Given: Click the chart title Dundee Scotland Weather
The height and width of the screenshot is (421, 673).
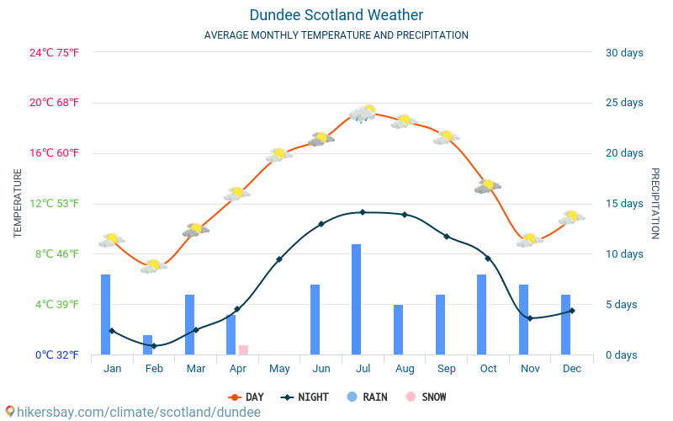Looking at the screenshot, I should click(x=336, y=15).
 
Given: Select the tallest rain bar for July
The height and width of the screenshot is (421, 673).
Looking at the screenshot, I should click(x=357, y=299).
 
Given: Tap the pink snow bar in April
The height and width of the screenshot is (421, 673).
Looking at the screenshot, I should click(x=243, y=349).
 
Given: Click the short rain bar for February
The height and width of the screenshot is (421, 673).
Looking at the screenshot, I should click(x=148, y=344).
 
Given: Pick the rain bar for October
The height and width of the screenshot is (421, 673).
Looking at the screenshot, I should click(x=482, y=314).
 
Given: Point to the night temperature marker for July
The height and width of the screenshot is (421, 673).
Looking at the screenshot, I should click(x=363, y=212).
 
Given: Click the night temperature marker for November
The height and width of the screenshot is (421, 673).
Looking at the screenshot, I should click(x=529, y=318).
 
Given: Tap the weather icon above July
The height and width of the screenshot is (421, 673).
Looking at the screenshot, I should click(x=363, y=113).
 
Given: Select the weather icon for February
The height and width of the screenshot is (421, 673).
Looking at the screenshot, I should click(x=153, y=266).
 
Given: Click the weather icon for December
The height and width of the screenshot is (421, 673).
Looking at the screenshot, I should click(x=571, y=217).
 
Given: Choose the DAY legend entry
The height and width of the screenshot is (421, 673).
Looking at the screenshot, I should click(x=246, y=397).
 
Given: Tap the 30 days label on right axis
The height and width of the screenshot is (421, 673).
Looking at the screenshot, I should click(x=624, y=52).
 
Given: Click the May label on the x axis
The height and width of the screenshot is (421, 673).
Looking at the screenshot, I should click(x=279, y=369).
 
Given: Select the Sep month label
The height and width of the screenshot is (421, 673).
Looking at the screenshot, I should click(x=446, y=369).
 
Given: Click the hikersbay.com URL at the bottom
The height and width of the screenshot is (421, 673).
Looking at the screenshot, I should click(x=132, y=412).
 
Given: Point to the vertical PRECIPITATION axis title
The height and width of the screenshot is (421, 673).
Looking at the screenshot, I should click(x=654, y=203).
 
